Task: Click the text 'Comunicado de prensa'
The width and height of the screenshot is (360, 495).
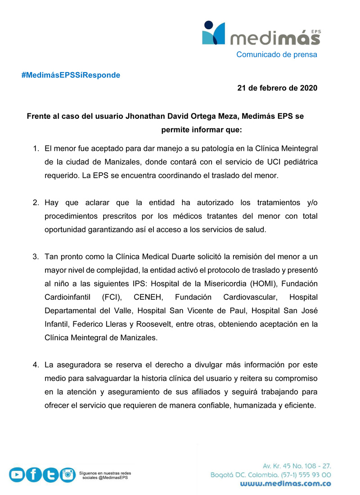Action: (277, 54)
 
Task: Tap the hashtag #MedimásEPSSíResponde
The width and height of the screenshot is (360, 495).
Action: (71, 75)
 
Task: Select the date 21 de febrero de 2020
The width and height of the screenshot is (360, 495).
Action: (277, 88)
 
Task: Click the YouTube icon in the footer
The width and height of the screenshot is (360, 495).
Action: (17, 475)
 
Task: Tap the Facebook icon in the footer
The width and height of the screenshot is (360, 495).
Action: (34, 475)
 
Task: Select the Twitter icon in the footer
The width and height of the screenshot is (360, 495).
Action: (50, 475)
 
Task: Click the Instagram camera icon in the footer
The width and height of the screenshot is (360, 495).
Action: (67, 474)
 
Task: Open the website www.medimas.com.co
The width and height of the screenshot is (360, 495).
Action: (285, 484)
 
